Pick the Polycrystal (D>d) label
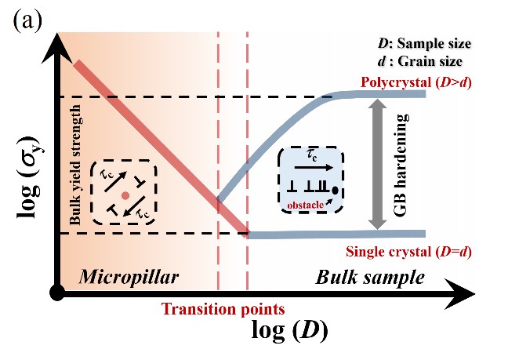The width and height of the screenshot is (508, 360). tap(415, 82)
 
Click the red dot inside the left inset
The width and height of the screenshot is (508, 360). tap(125, 195)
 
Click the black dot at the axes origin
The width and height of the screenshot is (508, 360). tap(56, 293)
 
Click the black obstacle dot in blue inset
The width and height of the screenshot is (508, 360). tap(336, 189)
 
